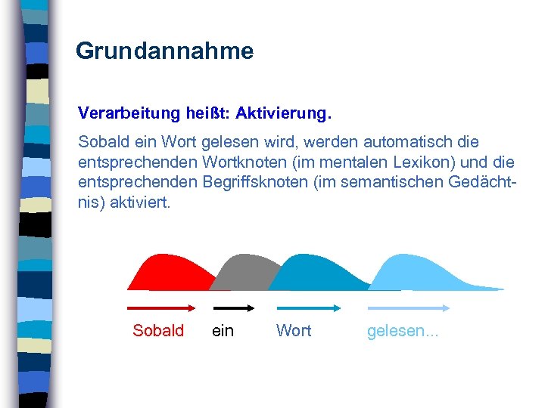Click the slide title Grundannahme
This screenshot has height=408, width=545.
164,51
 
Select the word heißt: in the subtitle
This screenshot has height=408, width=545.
205,113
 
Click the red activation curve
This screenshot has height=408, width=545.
163,273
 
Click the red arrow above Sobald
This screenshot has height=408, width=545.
161,308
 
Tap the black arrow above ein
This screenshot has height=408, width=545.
233,308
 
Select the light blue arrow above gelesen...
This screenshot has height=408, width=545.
408,308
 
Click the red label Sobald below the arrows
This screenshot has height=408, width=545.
158,331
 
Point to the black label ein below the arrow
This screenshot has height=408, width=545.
223,331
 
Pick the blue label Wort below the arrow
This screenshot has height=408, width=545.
294,331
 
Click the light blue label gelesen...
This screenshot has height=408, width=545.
402,331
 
